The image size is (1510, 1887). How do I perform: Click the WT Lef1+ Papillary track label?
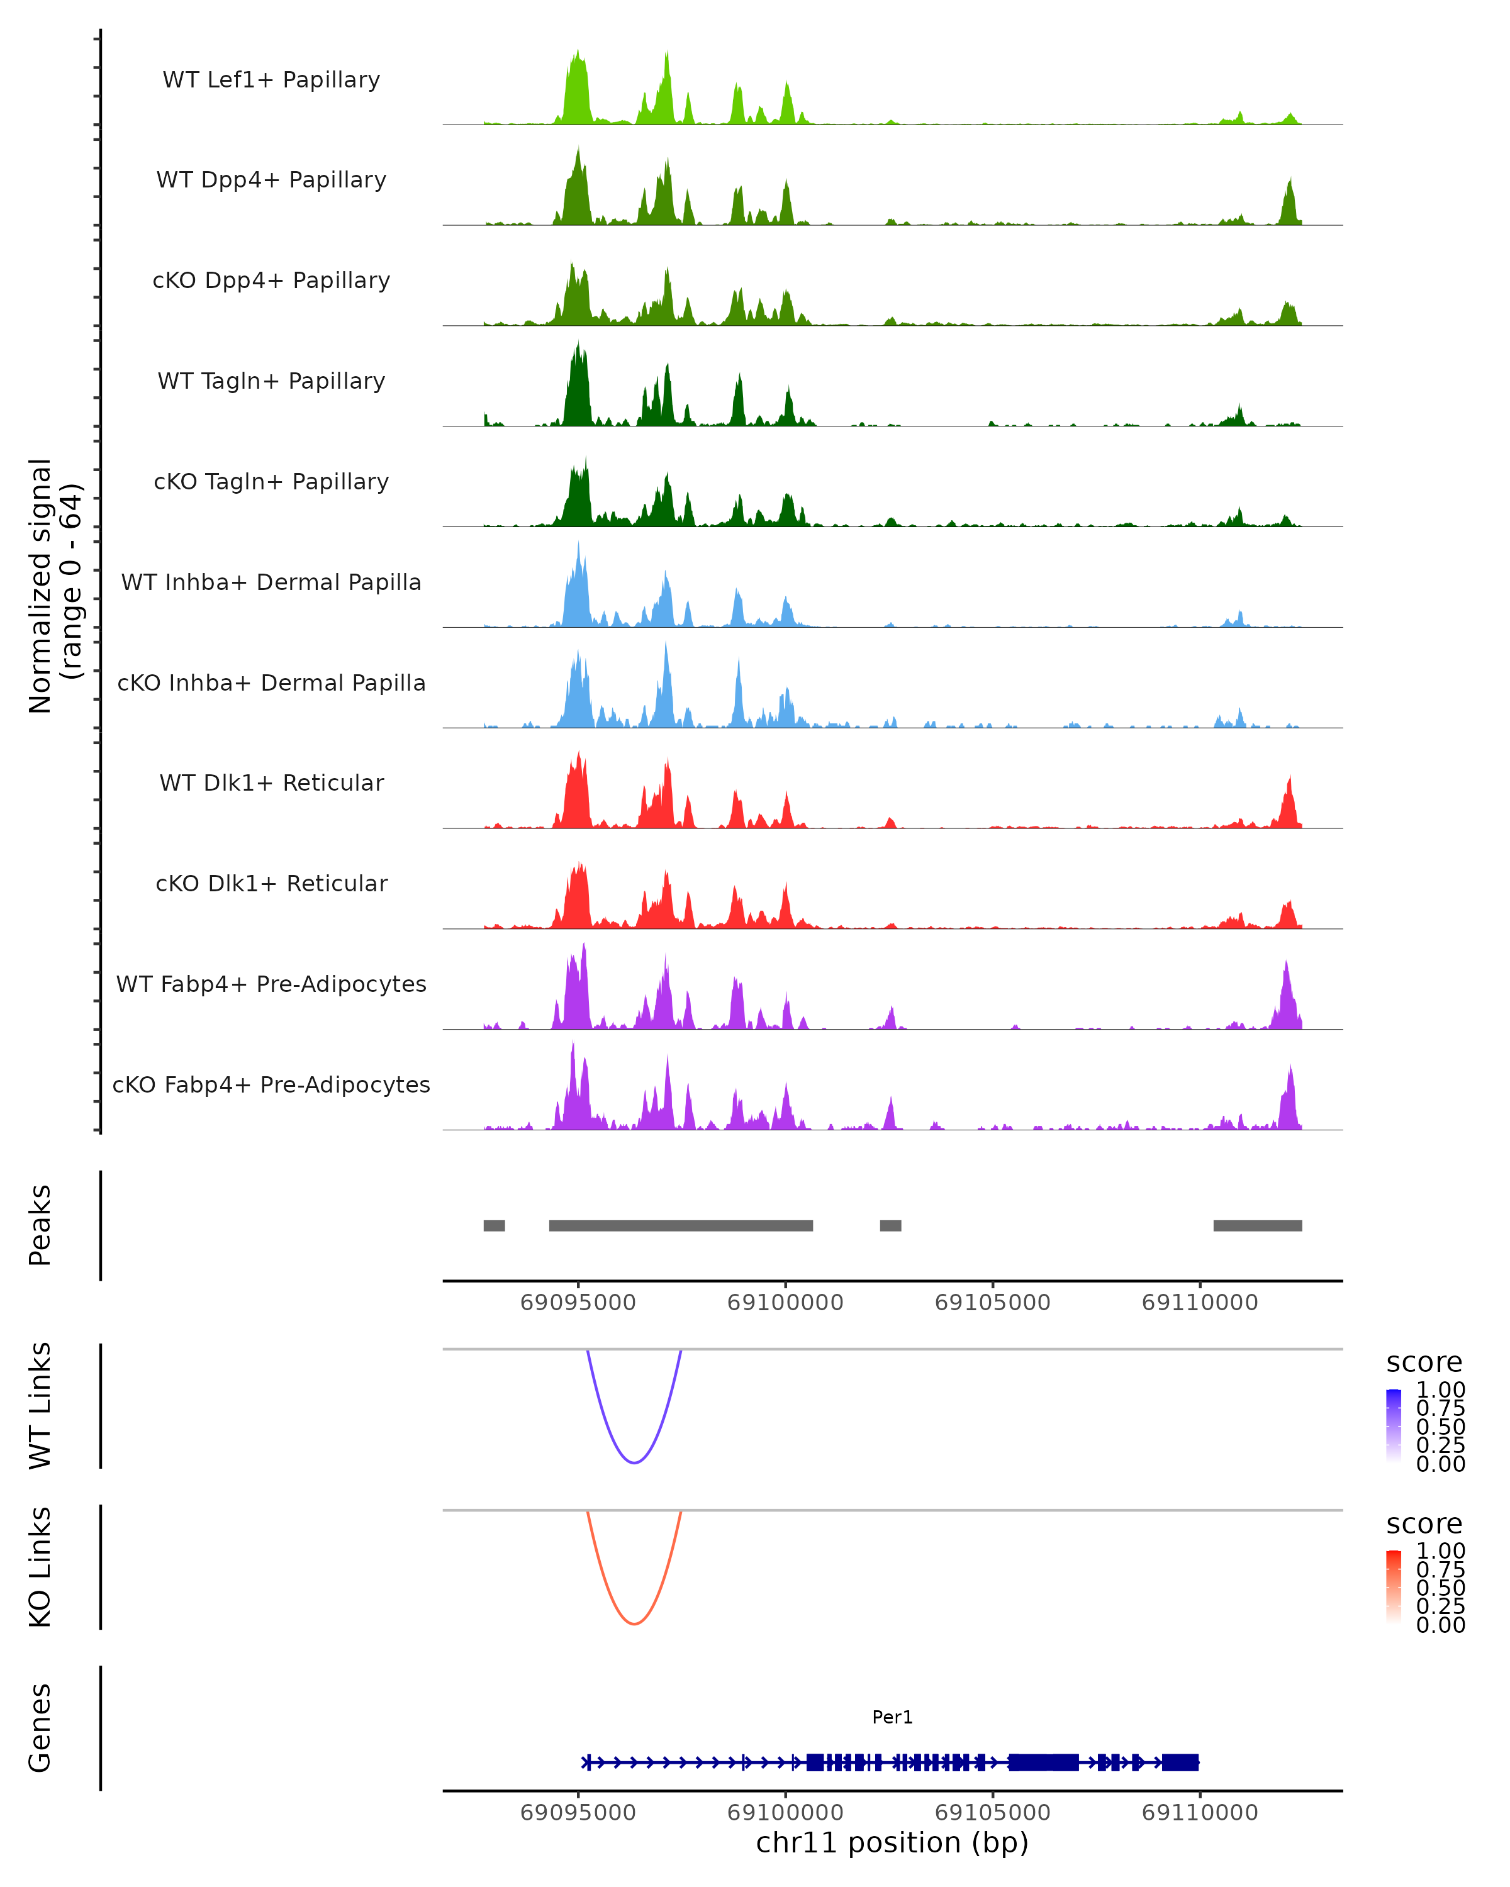[271, 80]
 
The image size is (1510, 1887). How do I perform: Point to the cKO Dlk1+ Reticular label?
[271, 883]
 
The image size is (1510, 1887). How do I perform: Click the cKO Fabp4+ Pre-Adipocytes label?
[271, 1084]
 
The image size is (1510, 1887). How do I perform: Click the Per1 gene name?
[892, 1717]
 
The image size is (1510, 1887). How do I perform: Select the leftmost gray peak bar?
[494, 1225]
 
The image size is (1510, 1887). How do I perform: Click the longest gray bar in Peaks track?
[680, 1225]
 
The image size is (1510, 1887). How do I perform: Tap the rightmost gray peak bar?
[1257, 1225]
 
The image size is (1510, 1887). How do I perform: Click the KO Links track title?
[40, 1567]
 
